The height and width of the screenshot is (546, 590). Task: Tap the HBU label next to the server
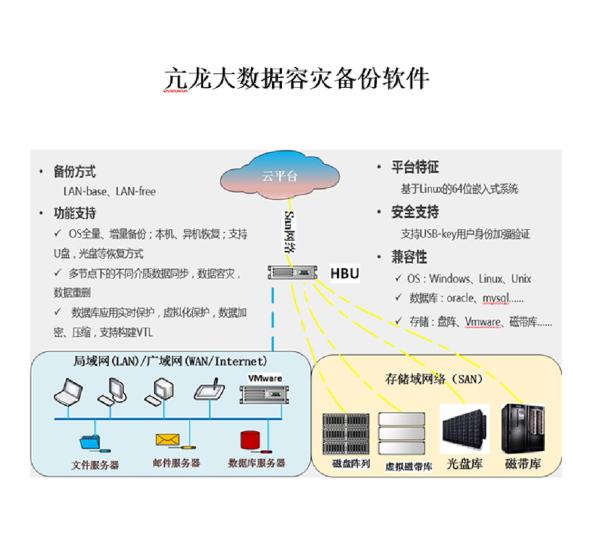[345, 273]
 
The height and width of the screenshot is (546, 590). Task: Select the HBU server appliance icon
[293, 273]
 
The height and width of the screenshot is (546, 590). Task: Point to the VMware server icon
[265, 394]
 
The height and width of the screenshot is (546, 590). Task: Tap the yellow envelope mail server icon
[167, 439]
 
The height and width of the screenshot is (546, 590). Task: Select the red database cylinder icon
[250, 439]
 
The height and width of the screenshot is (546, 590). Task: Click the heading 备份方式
[75, 172]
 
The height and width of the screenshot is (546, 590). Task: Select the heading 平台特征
[415, 167]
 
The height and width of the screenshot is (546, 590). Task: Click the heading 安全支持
[415, 212]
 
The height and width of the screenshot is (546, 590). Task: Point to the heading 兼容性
[410, 256]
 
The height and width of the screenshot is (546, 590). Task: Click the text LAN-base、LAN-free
[109, 191]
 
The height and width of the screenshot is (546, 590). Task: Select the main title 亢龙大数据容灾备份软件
[296, 78]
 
